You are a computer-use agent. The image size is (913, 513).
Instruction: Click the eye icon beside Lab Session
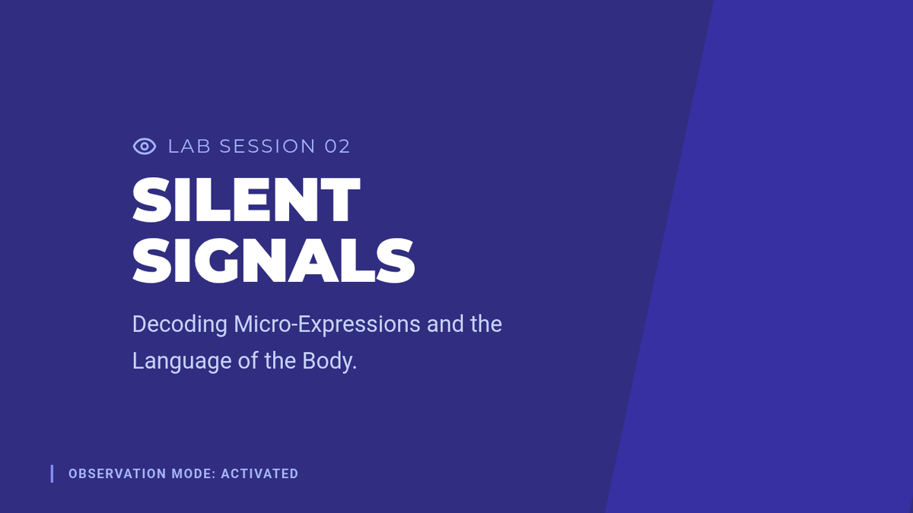pos(145,147)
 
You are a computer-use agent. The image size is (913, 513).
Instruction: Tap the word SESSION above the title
pos(267,147)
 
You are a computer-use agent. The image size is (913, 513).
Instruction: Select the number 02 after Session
pos(337,147)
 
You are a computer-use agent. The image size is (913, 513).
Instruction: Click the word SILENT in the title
pos(247,200)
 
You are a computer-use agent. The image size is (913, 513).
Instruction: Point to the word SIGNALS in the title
pos(273,261)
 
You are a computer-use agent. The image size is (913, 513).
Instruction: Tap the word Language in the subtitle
pos(182,362)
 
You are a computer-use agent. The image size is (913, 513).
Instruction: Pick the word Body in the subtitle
pos(327,361)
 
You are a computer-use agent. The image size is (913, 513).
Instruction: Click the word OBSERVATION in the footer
pos(117,474)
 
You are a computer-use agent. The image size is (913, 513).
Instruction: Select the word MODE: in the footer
pos(193,474)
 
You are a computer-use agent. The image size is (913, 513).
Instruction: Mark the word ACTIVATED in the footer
pos(259,474)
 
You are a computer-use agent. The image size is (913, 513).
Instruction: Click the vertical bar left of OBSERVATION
pos(52,474)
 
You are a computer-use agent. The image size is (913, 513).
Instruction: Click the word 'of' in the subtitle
pos(248,361)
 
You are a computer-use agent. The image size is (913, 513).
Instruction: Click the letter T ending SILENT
pos(340,200)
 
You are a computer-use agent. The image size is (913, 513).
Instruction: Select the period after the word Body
pos(355,369)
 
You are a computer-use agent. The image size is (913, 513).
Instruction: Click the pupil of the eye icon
pos(145,147)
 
